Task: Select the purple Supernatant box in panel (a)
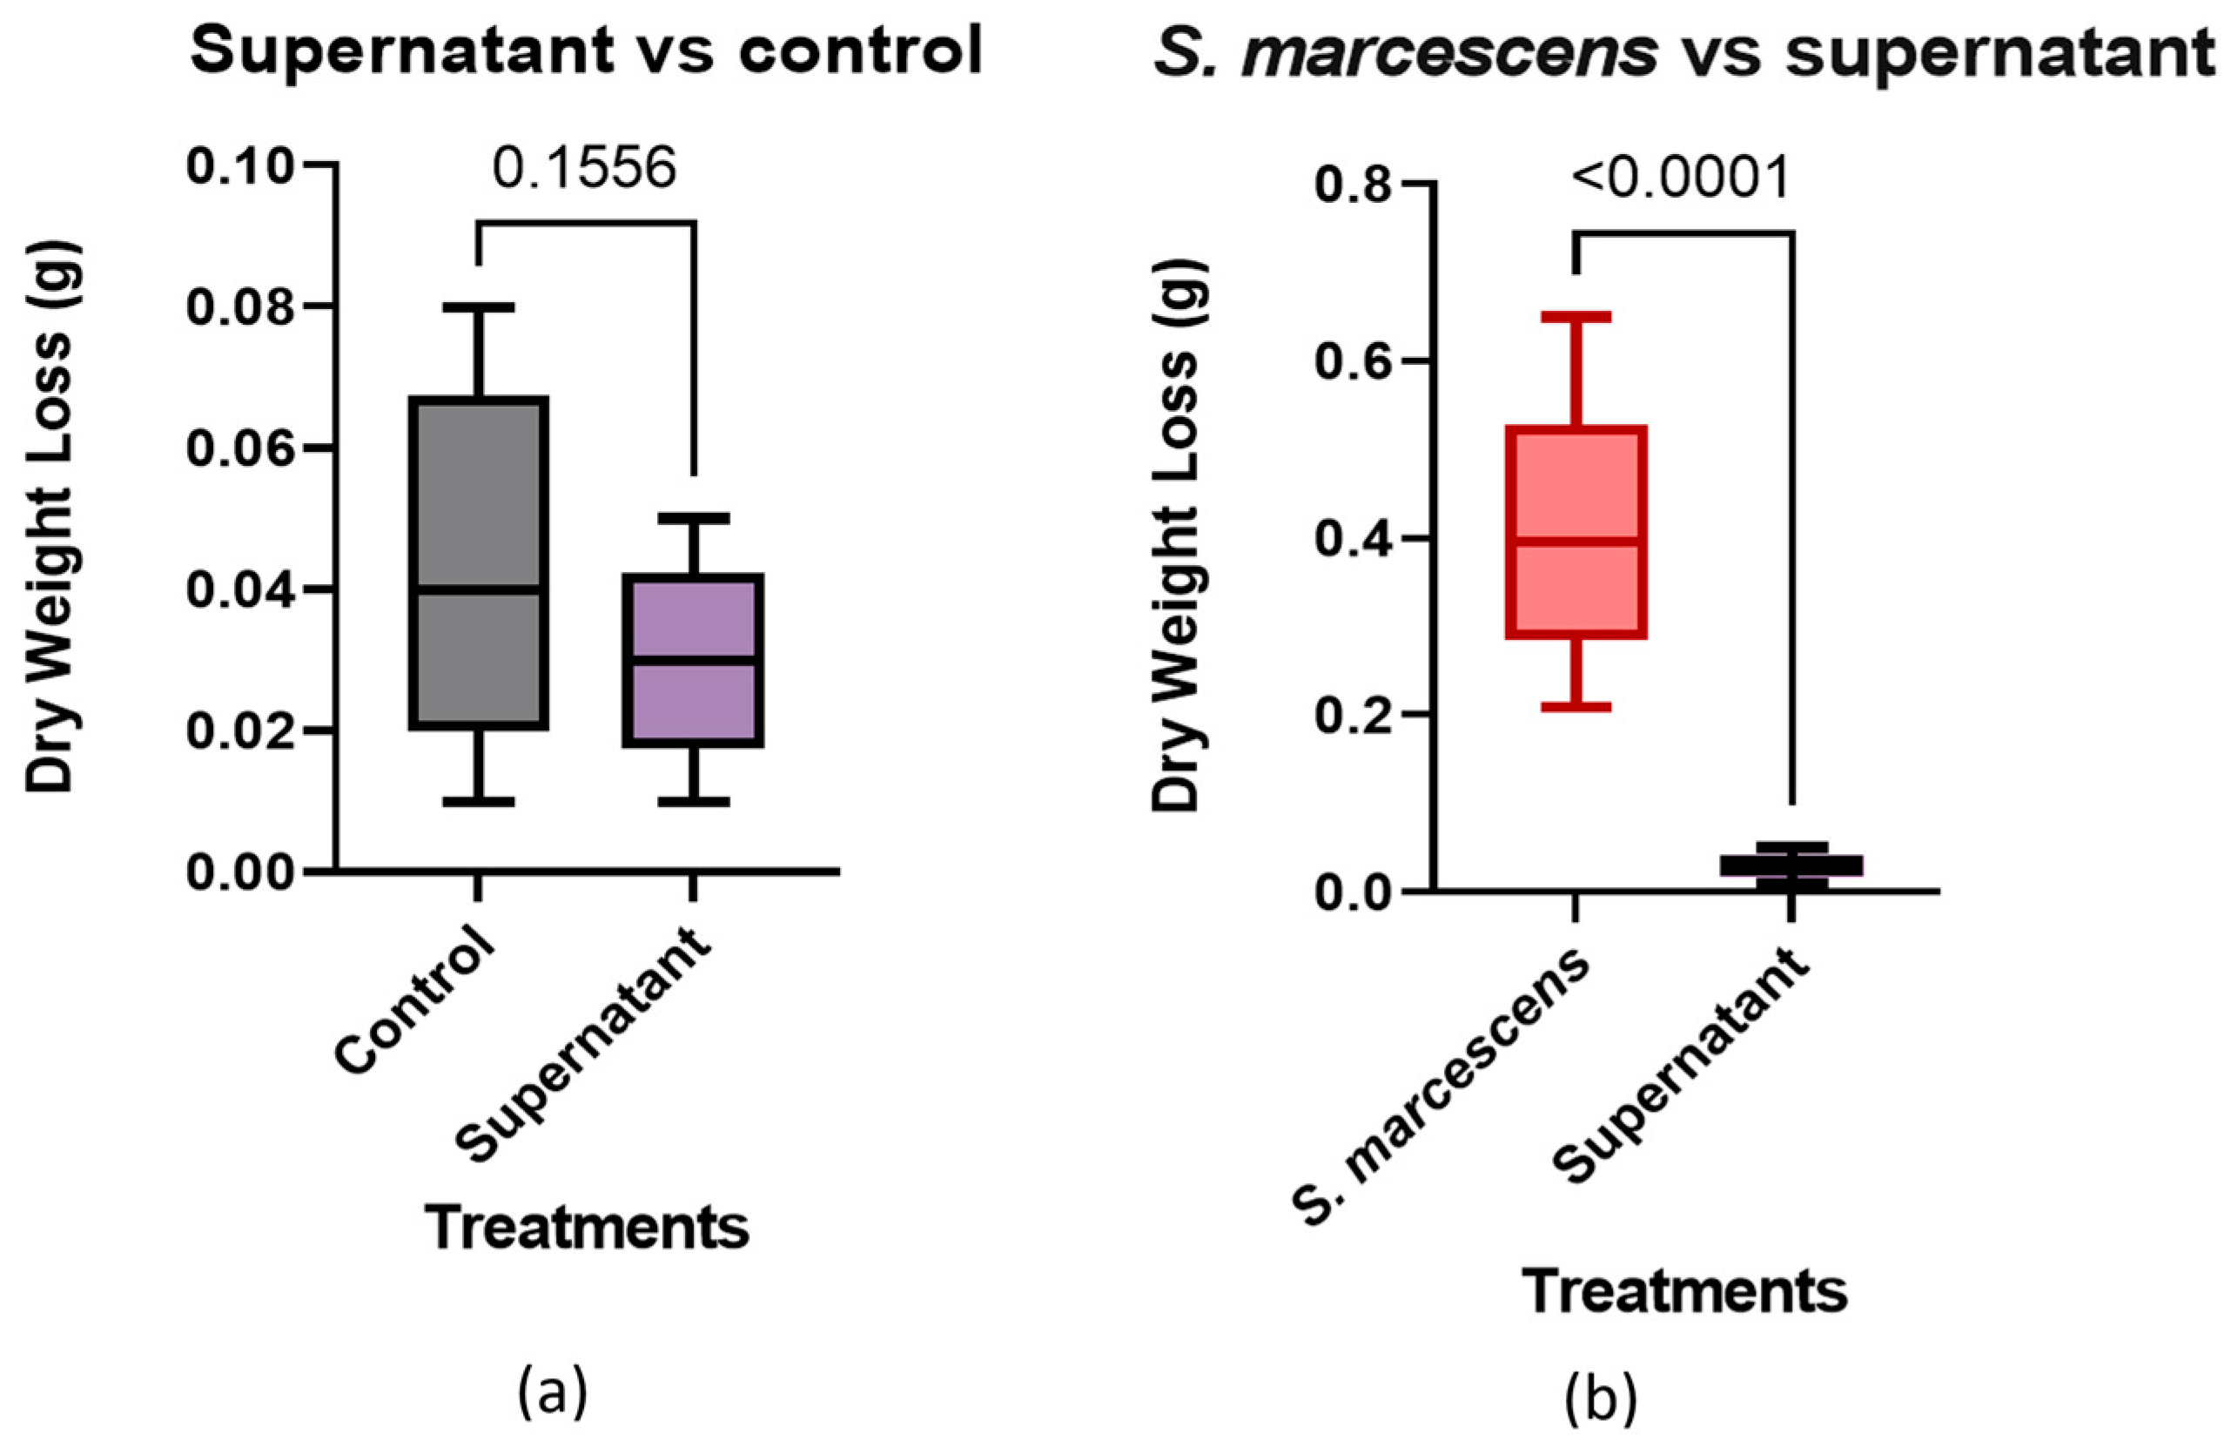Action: point(694,703)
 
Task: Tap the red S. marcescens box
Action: point(1576,478)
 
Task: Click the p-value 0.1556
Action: point(584,170)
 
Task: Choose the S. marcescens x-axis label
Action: point(1443,1092)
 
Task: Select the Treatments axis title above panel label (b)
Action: point(1684,1292)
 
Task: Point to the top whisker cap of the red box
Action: point(1576,317)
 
